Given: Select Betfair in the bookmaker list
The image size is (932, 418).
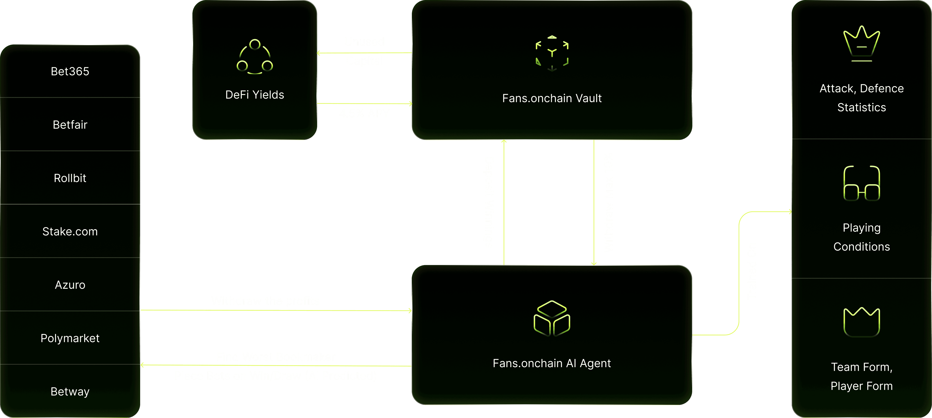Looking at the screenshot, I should click(x=70, y=125).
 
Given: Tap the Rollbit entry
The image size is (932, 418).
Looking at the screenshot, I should click(x=70, y=178).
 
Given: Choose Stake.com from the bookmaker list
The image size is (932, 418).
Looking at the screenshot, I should click(x=70, y=231).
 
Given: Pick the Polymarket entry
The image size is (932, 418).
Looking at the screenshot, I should click(x=70, y=338).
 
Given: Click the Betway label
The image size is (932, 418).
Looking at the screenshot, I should click(x=70, y=392).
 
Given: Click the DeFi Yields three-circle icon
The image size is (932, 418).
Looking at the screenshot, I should click(x=255, y=57).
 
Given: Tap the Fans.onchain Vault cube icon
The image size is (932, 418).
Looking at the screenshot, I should click(x=552, y=53).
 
